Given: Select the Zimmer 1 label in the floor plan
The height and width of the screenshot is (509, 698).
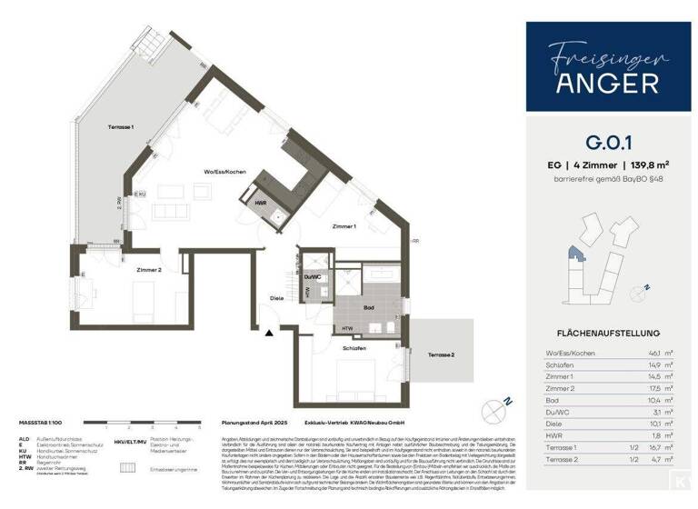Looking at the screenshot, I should (x=343, y=225).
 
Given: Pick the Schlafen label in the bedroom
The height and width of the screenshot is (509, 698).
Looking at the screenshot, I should (x=354, y=348).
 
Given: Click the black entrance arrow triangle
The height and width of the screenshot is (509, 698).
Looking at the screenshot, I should (x=267, y=334).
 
